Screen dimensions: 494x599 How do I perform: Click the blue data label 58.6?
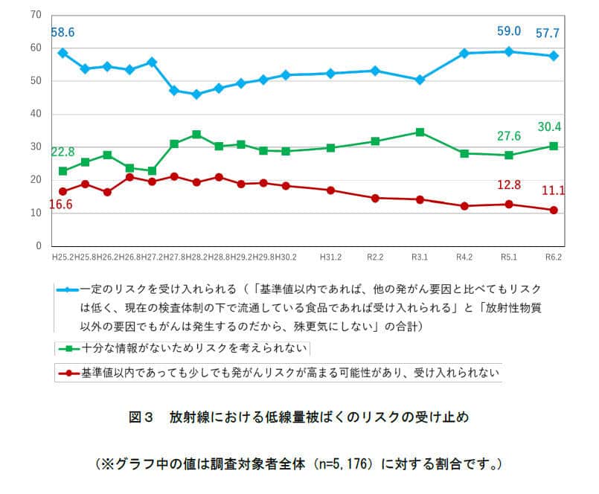tap(63, 33)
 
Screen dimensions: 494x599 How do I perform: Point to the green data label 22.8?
tap(63, 153)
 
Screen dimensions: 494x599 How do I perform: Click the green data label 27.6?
tap(509, 136)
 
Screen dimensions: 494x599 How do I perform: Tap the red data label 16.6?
tap(63, 204)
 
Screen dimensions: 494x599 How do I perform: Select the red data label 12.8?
tap(509, 185)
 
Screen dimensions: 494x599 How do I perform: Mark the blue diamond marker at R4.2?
tap(464, 54)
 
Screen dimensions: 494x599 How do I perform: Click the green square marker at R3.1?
tap(420, 132)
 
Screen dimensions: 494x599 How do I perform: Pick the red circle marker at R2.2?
tap(375, 198)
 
